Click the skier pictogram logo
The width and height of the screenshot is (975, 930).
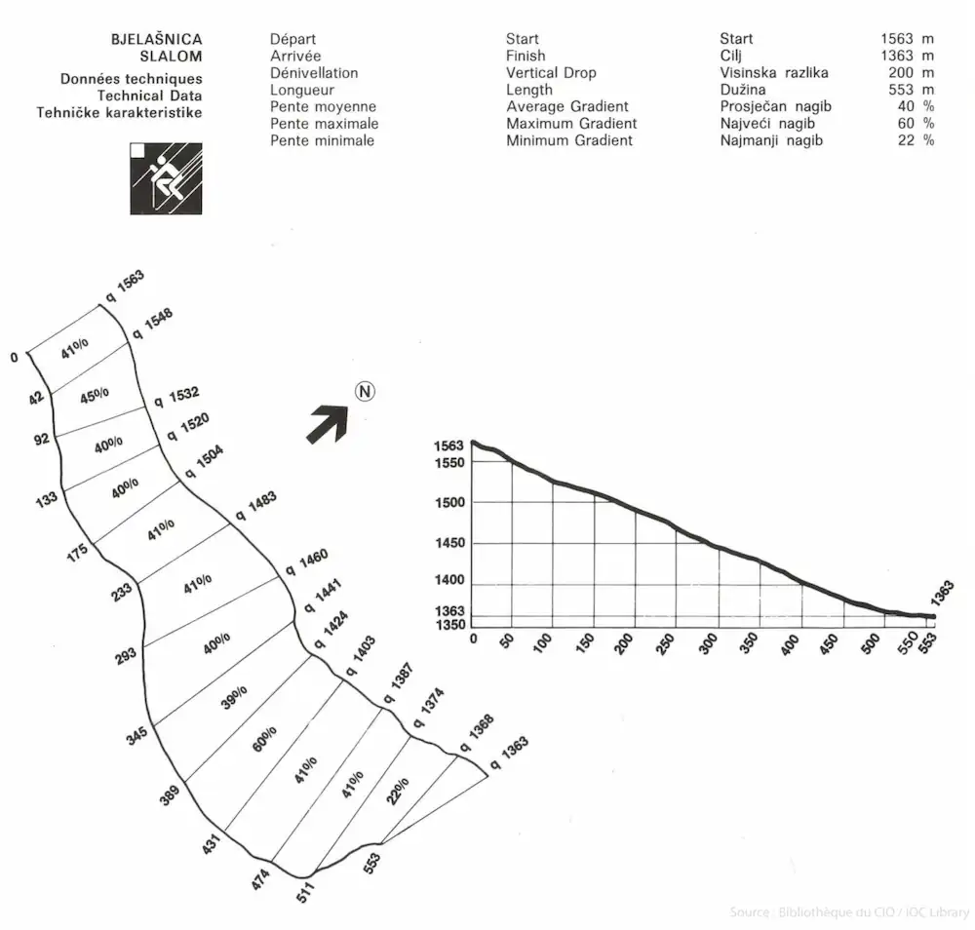[x=166, y=178]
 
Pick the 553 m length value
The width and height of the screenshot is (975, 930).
[x=907, y=90]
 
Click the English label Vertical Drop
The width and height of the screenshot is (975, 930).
[x=551, y=73]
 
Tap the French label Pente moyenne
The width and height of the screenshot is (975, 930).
[x=323, y=106]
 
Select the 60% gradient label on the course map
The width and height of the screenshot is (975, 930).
[x=264, y=740]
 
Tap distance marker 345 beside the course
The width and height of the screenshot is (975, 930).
[x=136, y=735]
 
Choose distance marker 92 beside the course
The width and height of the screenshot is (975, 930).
[x=41, y=439]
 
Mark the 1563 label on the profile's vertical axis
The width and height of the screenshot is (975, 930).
[x=449, y=446]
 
